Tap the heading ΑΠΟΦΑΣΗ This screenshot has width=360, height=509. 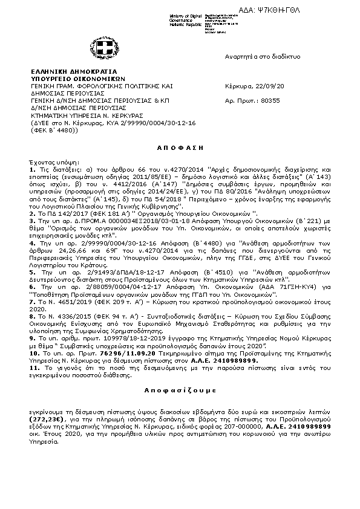(x=180, y=147)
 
